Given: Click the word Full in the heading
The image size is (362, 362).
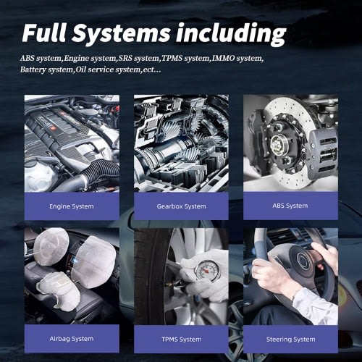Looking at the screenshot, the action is (x=44, y=33).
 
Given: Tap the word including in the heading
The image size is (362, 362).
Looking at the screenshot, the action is (x=231, y=35).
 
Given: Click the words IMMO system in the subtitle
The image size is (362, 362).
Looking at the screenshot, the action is (x=237, y=58).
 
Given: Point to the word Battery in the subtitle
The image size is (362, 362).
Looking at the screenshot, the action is (x=33, y=70).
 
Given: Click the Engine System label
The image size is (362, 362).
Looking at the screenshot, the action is (x=72, y=206).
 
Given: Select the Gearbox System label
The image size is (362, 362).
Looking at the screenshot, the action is (x=181, y=206).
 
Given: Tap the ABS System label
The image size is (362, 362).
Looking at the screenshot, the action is (x=290, y=206).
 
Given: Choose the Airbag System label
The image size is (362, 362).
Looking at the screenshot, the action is (x=72, y=339).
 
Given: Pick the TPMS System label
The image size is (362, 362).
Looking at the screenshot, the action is (x=181, y=340).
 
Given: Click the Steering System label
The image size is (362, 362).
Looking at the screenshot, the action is (x=290, y=340).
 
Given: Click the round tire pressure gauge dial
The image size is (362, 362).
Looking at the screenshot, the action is (x=207, y=270).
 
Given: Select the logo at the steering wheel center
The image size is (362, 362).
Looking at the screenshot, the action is (x=302, y=261).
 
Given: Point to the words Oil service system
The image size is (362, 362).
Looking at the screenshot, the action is (x=108, y=70).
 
